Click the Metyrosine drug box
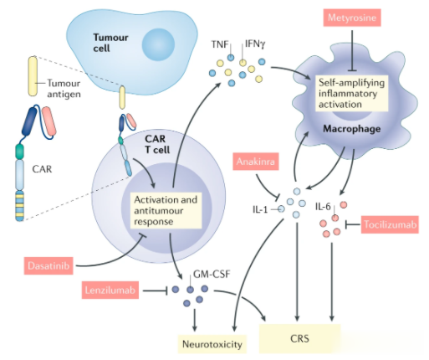[x=352, y=18]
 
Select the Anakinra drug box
[x=256, y=162]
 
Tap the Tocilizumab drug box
[x=390, y=224]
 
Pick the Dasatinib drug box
[x=49, y=265]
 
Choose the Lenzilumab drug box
[x=110, y=290]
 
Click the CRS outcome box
[x=300, y=338]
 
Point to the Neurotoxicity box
[x=212, y=344]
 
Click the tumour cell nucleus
[x=158, y=44]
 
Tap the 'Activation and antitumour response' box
[x=166, y=211]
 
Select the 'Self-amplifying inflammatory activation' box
[x=351, y=94]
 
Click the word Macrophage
[x=351, y=129]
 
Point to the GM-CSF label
[x=212, y=275]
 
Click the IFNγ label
[x=255, y=44]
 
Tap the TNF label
[x=220, y=44]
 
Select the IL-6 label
[x=323, y=207]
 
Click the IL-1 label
[x=260, y=209]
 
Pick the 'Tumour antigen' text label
[x=64, y=89]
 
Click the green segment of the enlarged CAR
[x=19, y=152]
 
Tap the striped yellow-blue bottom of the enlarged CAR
[x=19, y=206]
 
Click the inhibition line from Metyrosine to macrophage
[x=352, y=50]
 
